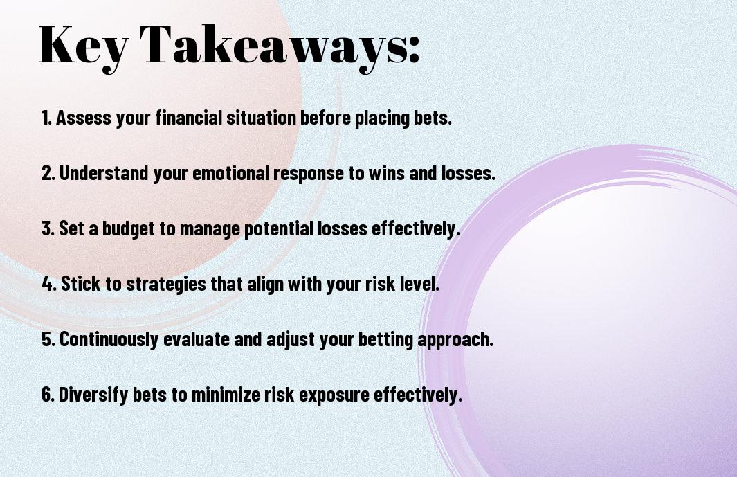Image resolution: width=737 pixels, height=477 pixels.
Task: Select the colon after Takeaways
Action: [414, 50]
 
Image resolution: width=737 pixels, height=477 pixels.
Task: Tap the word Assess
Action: [84, 118]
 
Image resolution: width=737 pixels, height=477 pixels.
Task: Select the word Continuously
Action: [109, 339]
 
